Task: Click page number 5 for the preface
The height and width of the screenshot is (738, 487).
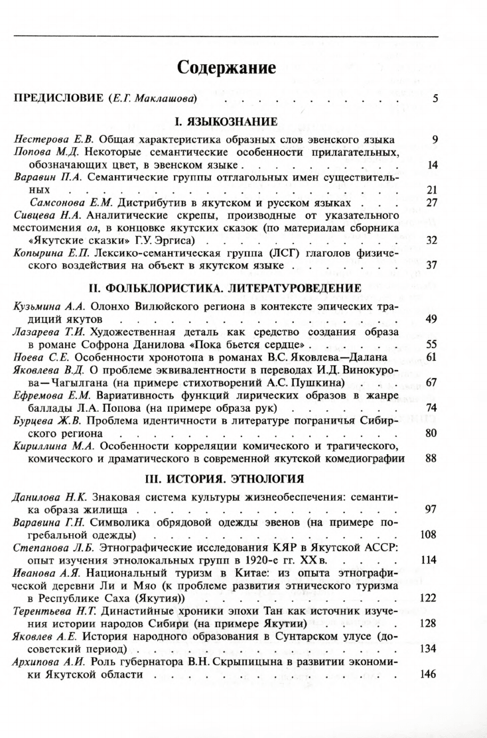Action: point(435,99)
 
